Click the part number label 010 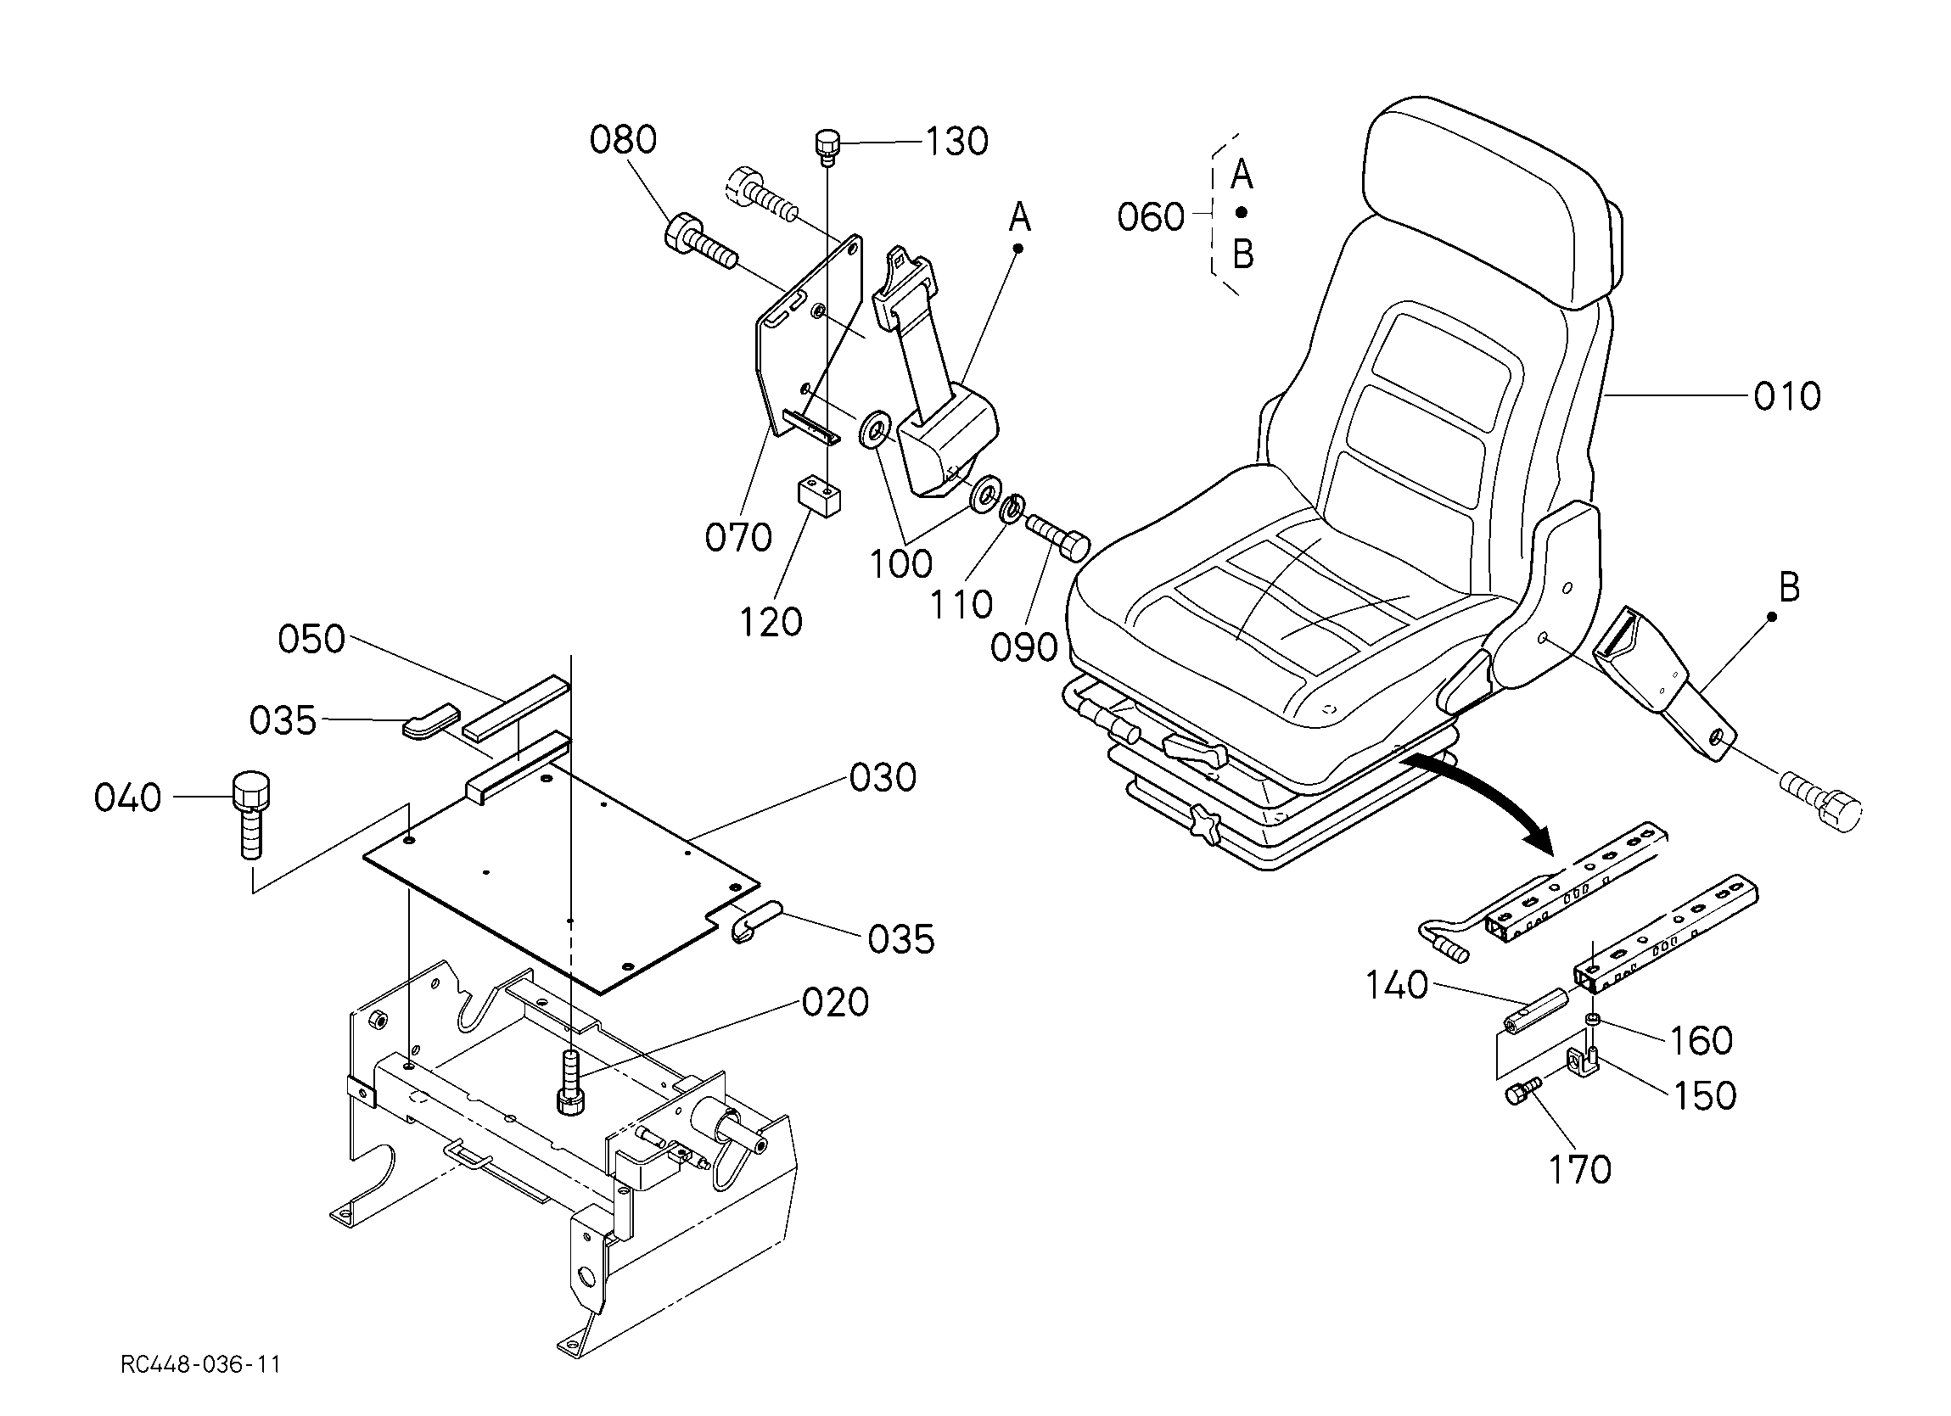coord(1786,396)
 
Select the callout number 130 coord(956,141)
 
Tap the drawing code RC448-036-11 coord(200,1365)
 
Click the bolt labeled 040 coord(250,814)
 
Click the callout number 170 coord(1580,1170)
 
